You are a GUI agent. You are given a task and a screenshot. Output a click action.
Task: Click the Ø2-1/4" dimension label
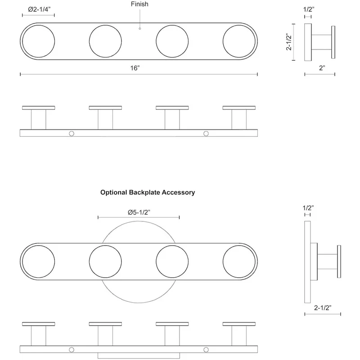coord(39,9)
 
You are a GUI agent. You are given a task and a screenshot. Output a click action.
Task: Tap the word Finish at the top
coord(139,4)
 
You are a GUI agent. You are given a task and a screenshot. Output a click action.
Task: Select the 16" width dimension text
coord(135,68)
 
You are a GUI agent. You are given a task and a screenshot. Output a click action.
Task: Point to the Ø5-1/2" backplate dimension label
coord(139,212)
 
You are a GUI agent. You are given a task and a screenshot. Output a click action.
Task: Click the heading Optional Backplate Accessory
coord(148,193)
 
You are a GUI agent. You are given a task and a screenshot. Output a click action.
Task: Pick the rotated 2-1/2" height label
coord(288,42)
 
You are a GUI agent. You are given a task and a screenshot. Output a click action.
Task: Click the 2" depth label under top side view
coord(322,68)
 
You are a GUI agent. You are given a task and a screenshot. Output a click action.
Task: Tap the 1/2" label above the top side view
coord(309,9)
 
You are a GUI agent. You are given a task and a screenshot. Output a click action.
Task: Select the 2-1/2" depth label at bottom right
coord(323,308)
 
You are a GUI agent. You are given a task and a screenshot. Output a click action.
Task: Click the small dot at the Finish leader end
coord(140,28)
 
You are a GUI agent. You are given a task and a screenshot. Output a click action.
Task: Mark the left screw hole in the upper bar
coord(72,133)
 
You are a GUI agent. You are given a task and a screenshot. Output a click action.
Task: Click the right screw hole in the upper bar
coord(206,133)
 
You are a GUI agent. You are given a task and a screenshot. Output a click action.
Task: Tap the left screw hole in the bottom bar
coord(72,350)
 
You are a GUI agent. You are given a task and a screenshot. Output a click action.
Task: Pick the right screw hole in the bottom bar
coord(206,350)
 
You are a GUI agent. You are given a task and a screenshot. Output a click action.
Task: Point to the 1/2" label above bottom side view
coord(308,208)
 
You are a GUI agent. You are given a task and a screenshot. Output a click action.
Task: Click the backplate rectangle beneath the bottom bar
coord(139,355)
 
